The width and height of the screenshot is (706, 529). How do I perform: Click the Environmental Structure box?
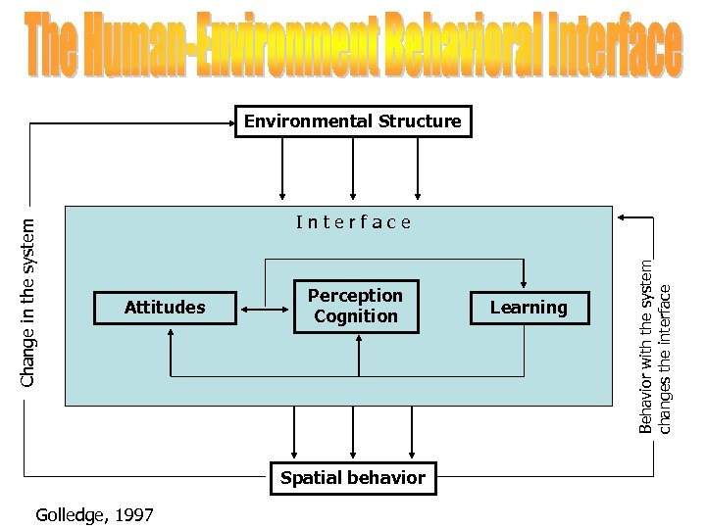(353, 121)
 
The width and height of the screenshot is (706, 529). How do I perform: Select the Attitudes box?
(165, 308)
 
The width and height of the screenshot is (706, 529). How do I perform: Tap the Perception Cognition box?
(355, 307)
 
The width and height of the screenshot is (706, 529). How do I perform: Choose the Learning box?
(529, 308)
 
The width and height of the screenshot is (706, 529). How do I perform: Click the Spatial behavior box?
(353, 478)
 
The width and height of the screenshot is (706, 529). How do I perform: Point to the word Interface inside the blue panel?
(354, 222)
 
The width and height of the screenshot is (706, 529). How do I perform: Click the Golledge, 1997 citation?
(94, 514)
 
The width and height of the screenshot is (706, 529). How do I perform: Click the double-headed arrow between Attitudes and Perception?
(265, 310)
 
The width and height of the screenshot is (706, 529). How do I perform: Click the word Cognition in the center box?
(355, 316)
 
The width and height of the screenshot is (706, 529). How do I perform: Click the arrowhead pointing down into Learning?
(528, 283)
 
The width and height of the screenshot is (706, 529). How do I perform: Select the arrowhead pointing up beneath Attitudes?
(171, 333)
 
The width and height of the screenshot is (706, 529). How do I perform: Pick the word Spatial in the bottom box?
(310, 478)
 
